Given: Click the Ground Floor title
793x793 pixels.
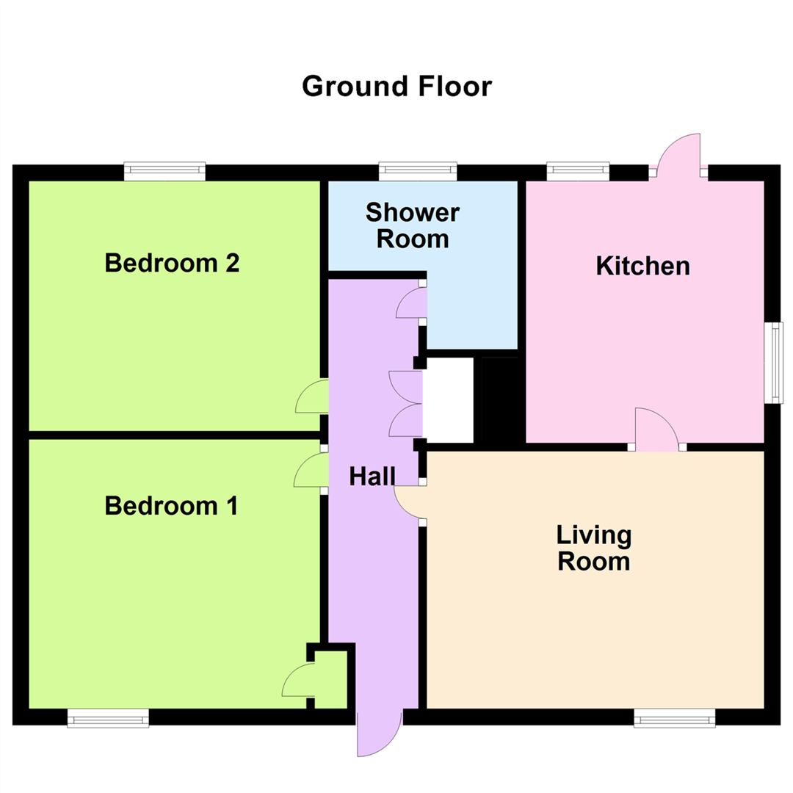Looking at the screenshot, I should point(396,87).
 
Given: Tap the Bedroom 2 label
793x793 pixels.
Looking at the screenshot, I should point(172,263).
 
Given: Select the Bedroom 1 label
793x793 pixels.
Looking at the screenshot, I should point(171,506).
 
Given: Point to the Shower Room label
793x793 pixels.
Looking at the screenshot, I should point(412,225).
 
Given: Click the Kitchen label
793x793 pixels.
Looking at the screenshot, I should point(642,265).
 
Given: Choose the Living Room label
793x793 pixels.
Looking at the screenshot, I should point(593,548).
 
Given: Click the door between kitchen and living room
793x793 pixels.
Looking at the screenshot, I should point(655,428).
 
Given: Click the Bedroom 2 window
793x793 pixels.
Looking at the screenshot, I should point(164,171).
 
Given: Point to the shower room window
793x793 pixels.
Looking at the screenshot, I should point(418,171).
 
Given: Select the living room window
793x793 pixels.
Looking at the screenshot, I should point(675,717).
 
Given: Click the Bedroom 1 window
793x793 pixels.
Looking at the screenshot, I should point(108,717).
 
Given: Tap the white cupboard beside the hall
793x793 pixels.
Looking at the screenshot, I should point(448,400).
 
